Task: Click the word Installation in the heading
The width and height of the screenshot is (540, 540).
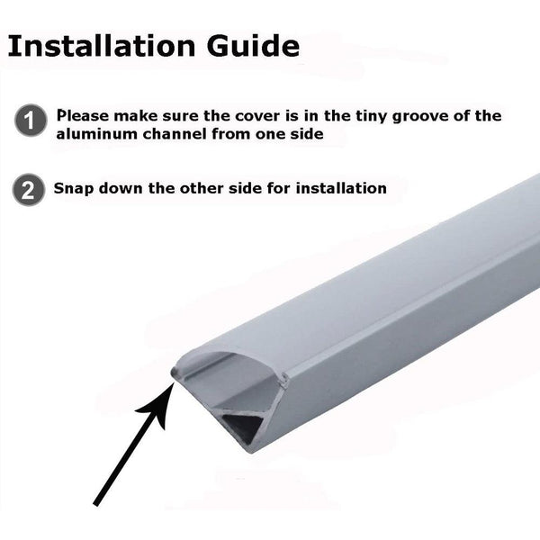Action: (x=102, y=46)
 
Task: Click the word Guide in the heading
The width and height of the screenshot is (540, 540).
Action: (x=253, y=46)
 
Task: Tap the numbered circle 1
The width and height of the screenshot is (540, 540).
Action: (x=31, y=121)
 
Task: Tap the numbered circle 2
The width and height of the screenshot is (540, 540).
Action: (x=28, y=189)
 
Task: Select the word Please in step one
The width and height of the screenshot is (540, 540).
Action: (x=83, y=116)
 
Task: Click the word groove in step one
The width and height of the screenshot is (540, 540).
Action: (x=420, y=116)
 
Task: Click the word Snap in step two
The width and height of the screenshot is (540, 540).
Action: (x=74, y=189)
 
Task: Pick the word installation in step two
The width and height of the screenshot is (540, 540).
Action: (x=341, y=188)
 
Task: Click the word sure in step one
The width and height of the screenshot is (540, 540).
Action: (x=180, y=116)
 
